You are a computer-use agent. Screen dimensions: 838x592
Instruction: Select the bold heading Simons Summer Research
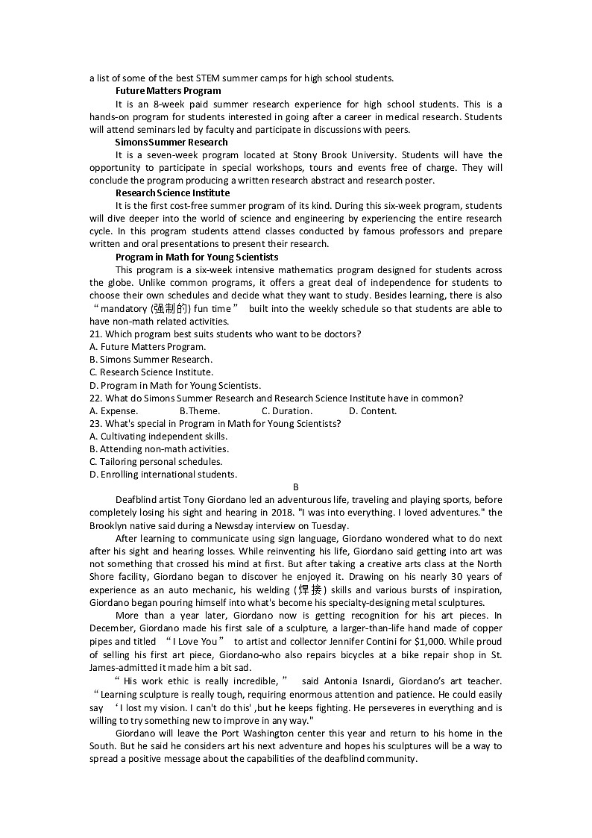(171, 142)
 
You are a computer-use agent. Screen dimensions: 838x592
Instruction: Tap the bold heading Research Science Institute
(172, 193)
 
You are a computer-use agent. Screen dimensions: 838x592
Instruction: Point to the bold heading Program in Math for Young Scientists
(197, 257)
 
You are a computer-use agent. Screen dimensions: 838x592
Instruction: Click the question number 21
(95, 334)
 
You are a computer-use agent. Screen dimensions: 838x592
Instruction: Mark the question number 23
(95, 423)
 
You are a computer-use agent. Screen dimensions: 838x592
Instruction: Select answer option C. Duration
(287, 410)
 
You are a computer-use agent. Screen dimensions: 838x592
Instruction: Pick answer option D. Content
(373, 410)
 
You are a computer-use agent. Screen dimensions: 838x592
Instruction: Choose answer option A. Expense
(113, 410)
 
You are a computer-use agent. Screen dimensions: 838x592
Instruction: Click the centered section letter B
(295, 487)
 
